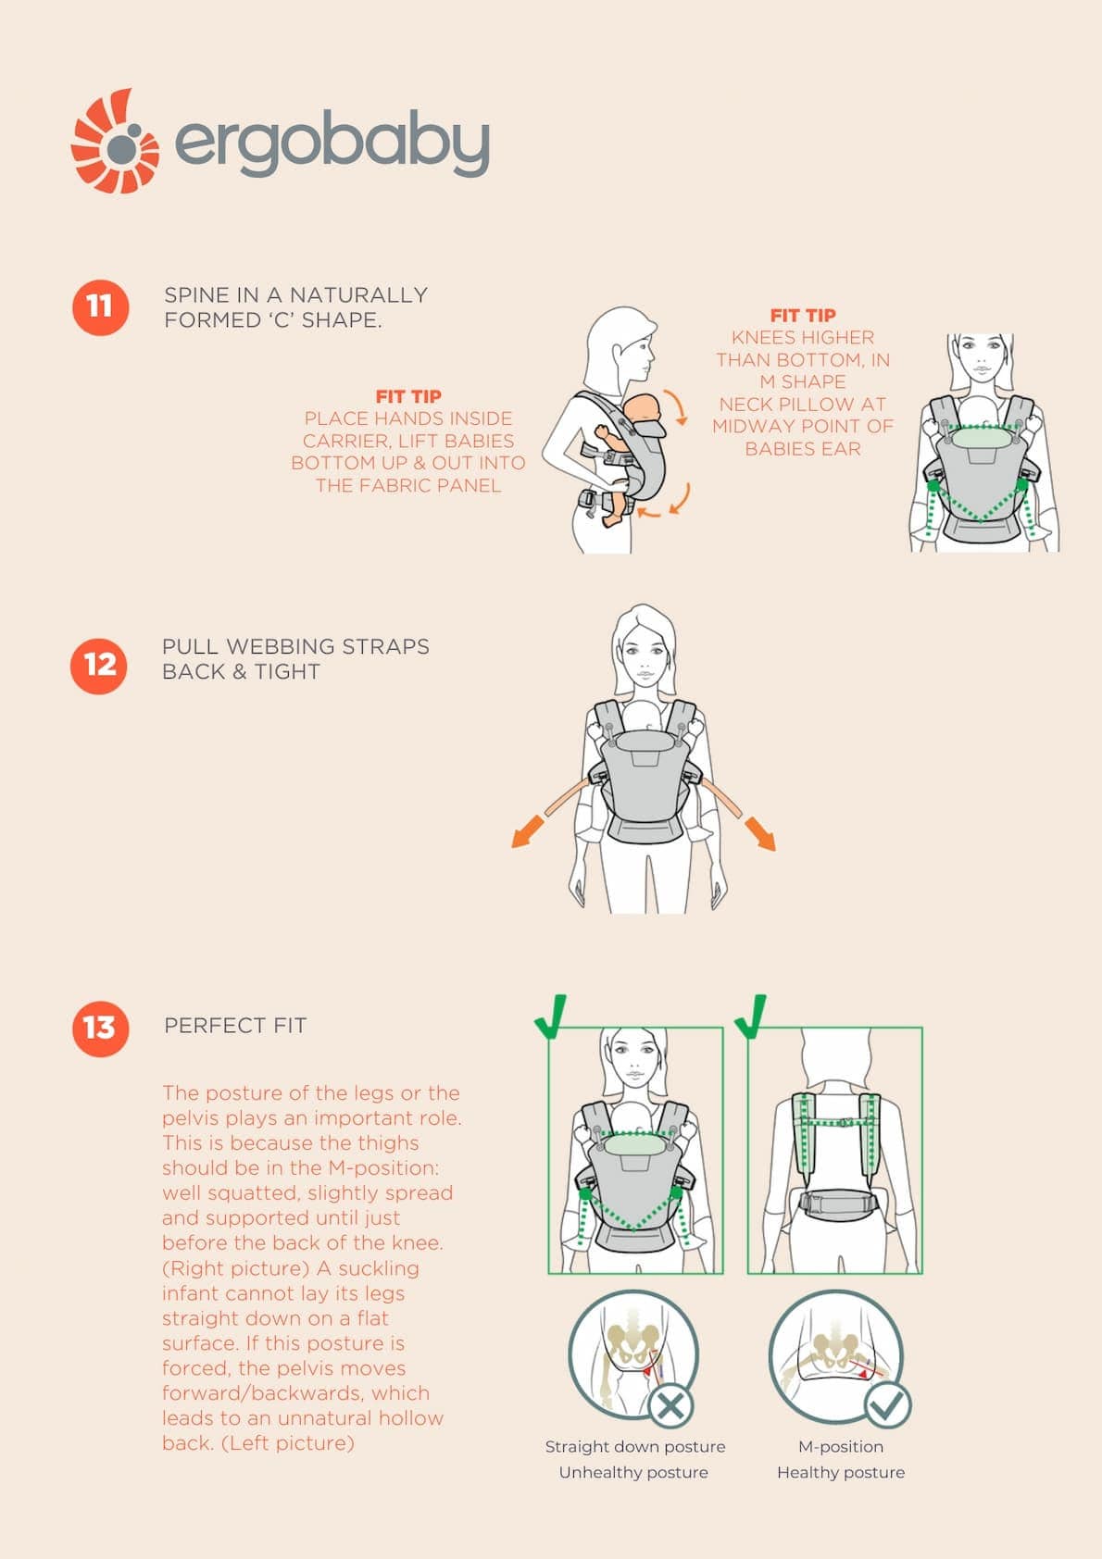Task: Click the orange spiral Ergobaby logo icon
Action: point(115,142)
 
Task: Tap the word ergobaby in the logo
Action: point(332,143)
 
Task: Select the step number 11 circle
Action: point(100,307)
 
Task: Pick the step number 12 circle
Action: point(99,666)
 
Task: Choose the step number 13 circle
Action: point(100,1029)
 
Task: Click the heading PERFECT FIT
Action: point(235,1025)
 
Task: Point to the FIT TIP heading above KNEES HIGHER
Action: point(803,316)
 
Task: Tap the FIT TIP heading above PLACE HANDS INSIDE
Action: point(408,397)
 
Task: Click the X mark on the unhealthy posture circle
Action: point(670,1406)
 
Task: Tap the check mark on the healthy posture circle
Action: point(887,1404)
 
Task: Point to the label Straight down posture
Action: point(635,1446)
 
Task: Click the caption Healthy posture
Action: point(841,1472)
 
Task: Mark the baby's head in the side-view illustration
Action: point(641,411)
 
